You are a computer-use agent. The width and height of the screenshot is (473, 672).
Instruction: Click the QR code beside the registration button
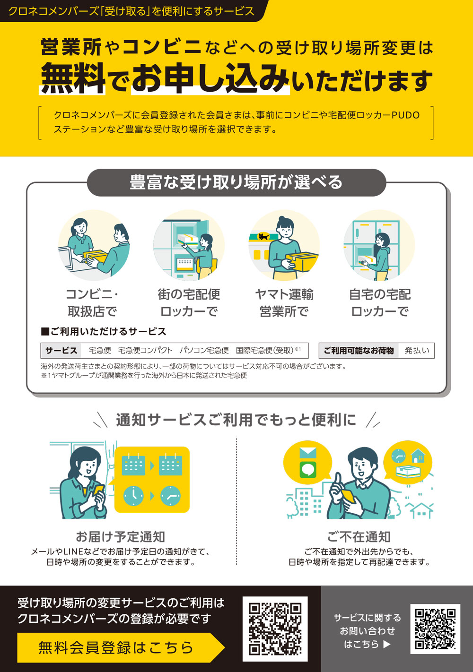pyautogui.click(x=275, y=629)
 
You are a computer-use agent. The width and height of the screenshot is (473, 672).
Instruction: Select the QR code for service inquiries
pyautogui.click(x=435, y=629)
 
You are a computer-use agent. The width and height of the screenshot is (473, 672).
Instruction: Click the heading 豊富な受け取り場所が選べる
pyautogui.click(x=236, y=182)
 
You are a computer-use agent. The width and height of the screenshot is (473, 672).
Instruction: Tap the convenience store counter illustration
pyautogui.click(x=94, y=246)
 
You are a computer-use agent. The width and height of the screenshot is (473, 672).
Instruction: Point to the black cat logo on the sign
pyautogui.click(x=263, y=236)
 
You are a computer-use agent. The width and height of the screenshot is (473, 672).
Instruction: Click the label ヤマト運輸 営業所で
pyautogui.click(x=284, y=303)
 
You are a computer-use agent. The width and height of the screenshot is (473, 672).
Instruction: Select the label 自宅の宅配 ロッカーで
pyautogui.click(x=379, y=303)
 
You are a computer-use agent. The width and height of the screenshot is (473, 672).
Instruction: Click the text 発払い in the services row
pyautogui.click(x=417, y=351)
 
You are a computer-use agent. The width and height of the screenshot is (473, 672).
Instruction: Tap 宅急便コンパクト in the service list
pyautogui.click(x=145, y=351)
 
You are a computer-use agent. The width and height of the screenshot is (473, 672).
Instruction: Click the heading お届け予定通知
pyautogui.click(x=120, y=537)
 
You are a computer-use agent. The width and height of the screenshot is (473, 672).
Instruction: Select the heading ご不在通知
pyautogui.click(x=359, y=537)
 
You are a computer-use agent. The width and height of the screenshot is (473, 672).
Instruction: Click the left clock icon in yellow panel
pyautogui.click(x=133, y=495)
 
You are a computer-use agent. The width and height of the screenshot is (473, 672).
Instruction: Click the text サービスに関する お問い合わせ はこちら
pyautogui.click(x=367, y=630)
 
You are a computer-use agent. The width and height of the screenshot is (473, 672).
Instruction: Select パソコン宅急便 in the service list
pyautogui.click(x=204, y=351)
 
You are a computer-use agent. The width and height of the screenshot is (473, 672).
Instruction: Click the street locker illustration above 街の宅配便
pyautogui.click(x=189, y=246)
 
